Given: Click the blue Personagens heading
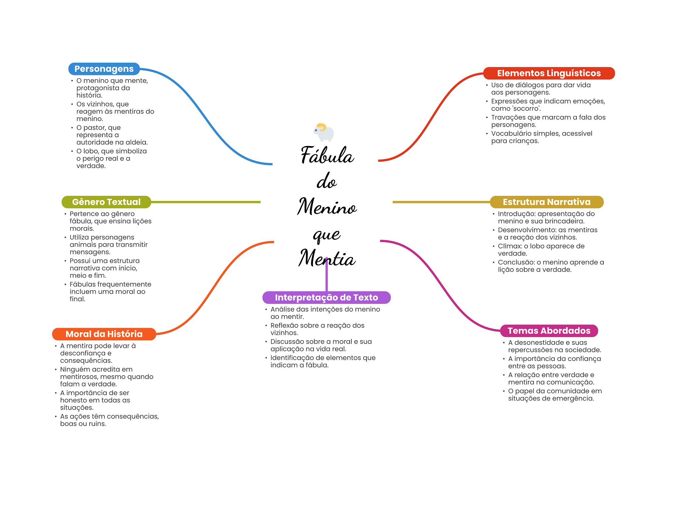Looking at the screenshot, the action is tap(104, 69).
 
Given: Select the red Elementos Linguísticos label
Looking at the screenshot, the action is tap(549, 73).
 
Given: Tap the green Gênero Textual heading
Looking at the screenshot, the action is tap(106, 202).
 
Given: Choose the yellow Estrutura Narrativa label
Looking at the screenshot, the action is tap(546, 202).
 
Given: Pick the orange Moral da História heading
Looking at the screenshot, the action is tap(104, 334).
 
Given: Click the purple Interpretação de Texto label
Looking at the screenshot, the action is tap(326, 297).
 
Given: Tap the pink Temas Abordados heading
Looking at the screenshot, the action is tap(549, 331).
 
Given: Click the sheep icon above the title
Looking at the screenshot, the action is tap(324, 133).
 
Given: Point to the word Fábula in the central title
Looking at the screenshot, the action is tap(327, 156).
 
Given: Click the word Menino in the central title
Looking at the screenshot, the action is tap(327, 207).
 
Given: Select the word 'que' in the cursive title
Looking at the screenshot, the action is tap(326, 234).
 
